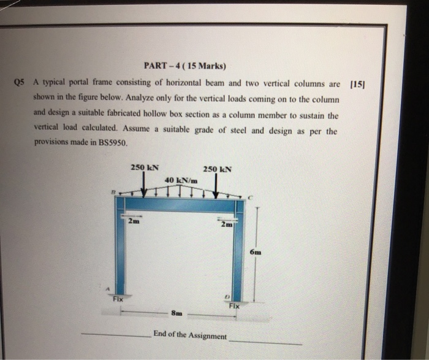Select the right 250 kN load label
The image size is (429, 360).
point(217,169)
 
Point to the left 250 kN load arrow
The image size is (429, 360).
point(145,183)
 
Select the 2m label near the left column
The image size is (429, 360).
point(132,221)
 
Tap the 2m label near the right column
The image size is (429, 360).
point(226,224)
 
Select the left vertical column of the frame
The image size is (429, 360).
point(121,251)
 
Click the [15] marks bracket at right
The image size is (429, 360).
point(356,84)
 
